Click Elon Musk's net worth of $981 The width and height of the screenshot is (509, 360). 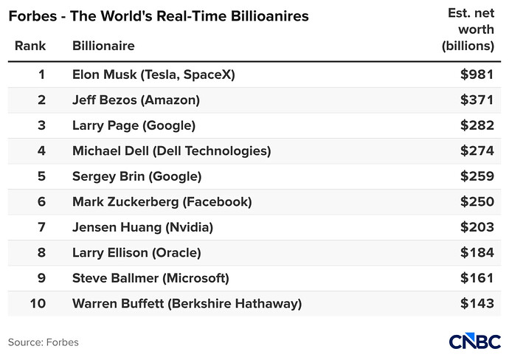pyautogui.click(x=477, y=75)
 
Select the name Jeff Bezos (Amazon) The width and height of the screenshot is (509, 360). pyautogui.click(x=136, y=100)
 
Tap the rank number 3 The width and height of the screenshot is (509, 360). pyautogui.click(x=41, y=125)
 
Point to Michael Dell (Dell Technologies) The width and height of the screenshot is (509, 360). pyautogui.click(x=171, y=151)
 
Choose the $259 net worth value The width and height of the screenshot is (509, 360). pyautogui.click(x=477, y=176)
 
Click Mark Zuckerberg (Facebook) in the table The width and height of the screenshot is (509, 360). pyautogui.click(x=162, y=202)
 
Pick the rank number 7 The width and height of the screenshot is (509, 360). pyautogui.click(x=41, y=227)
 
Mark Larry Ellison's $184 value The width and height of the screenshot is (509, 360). pyautogui.click(x=477, y=252)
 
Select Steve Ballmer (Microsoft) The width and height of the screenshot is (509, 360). pyautogui.click(x=150, y=278)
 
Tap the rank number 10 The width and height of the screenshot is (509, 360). pyautogui.click(x=38, y=303)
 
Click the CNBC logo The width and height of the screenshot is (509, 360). pyautogui.click(x=475, y=341)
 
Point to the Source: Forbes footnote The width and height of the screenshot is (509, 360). pyautogui.click(x=44, y=342)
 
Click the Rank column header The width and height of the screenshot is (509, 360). pyautogui.click(x=30, y=46)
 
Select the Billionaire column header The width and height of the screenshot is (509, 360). pyautogui.click(x=103, y=46)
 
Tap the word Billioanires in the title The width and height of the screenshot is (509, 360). pyautogui.click(x=269, y=16)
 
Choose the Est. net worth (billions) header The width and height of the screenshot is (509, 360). pyautogui.click(x=468, y=30)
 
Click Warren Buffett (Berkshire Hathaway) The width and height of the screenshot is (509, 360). pyautogui.click(x=187, y=303)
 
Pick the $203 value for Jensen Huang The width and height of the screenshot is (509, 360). pyautogui.click(x=477, y=227)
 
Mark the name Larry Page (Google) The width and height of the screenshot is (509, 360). pyautogui.click(x=134, y=125)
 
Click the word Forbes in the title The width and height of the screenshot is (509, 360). pyautogui.click(x=32, y=16)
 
